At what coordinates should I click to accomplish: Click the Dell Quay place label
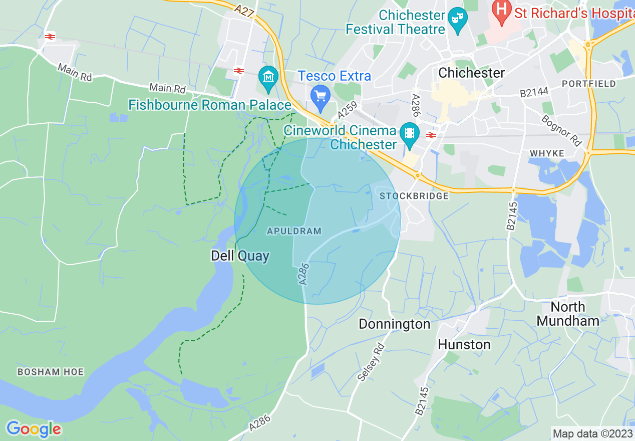(240, 256)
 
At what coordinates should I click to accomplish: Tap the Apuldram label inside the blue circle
(293, 231)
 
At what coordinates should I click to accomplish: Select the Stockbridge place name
(414, 196)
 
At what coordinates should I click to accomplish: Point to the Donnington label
(394, 324)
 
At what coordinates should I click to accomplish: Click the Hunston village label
(464, 345)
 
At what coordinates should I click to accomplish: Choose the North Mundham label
(567, 314)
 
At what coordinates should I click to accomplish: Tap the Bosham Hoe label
(51, 372)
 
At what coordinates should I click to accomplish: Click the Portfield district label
(588, 84)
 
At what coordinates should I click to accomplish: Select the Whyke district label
(546, 153)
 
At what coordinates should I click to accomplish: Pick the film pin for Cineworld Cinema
(410, 133)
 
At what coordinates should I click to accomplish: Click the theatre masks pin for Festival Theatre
(457, 18)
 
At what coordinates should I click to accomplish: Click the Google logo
(34, 429)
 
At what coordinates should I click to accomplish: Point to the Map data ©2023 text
(592, 433)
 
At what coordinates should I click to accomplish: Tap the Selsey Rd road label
(371, 362)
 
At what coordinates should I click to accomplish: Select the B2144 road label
(534, 92)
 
